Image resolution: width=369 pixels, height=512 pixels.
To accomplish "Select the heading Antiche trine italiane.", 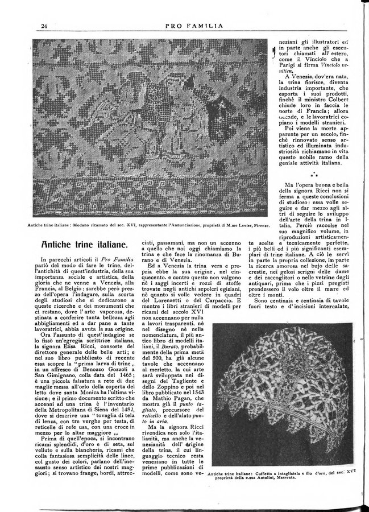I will [x=84, y=245].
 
